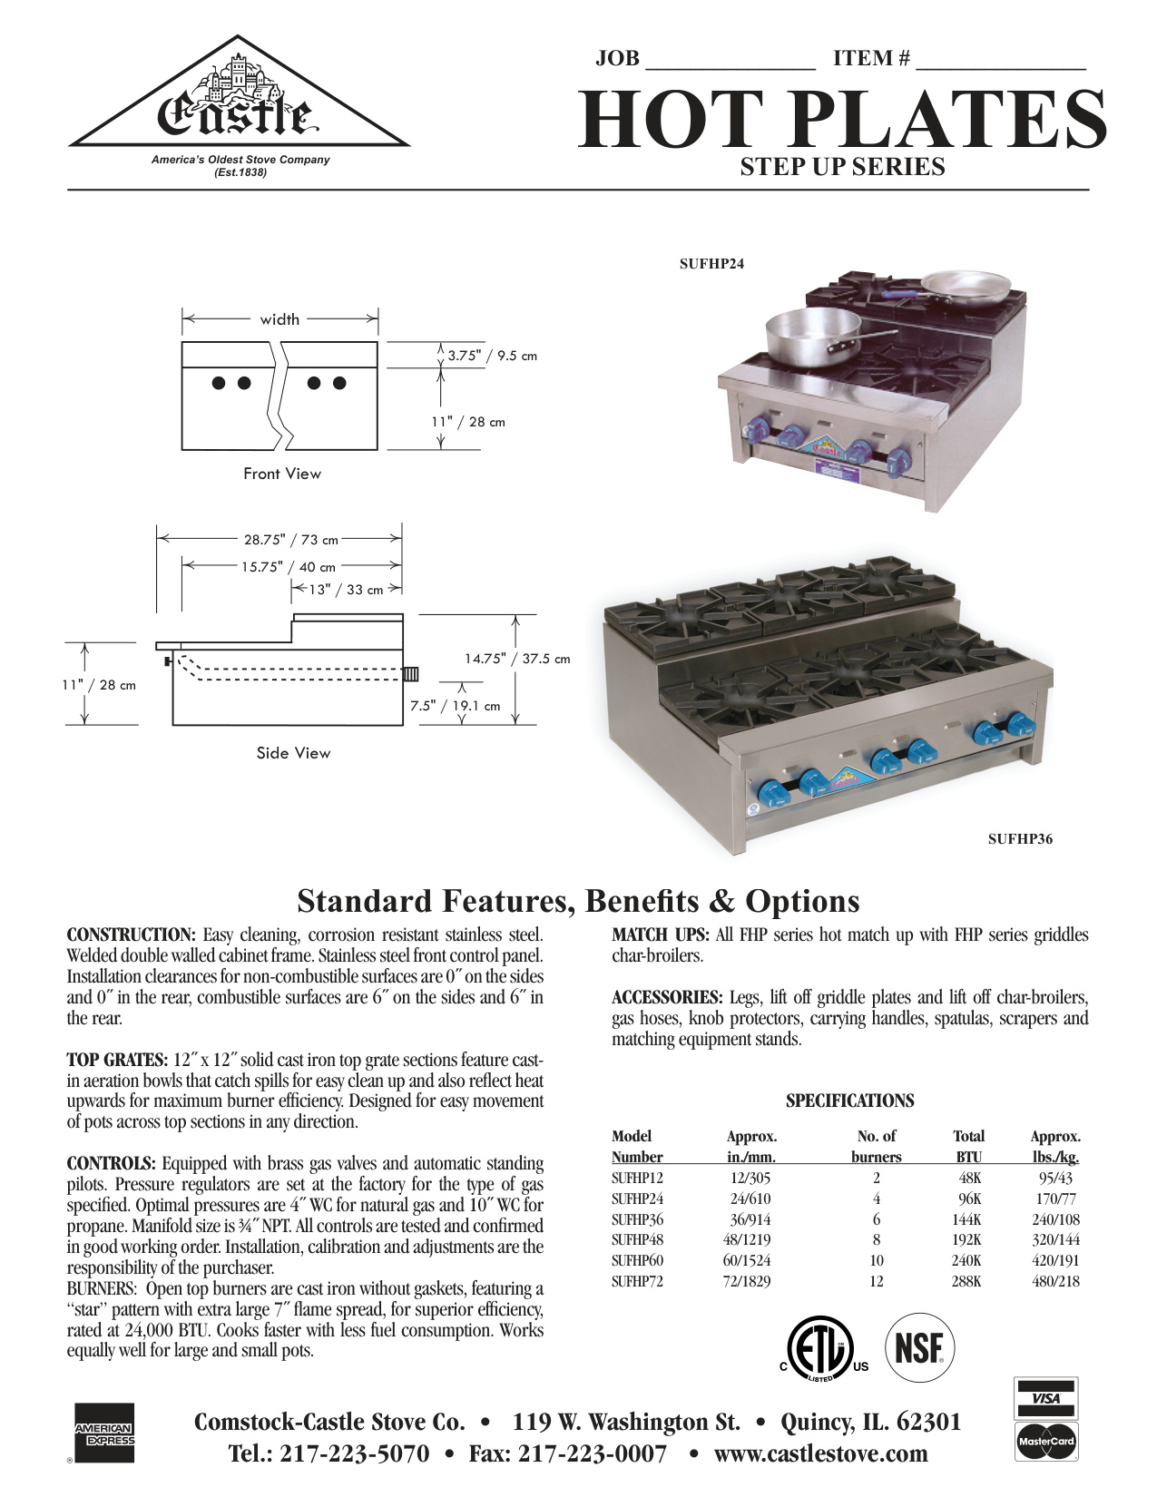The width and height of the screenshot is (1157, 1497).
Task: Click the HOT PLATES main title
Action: click(x=842, y=120)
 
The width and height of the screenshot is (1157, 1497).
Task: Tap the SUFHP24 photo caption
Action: click(x=711, y=264)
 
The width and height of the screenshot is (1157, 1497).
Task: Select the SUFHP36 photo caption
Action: click(x=1020, y=839)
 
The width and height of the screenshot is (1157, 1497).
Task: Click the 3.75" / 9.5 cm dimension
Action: click(x=492, y=356)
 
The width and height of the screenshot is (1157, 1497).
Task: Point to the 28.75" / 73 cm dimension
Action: click(x=290, y=540)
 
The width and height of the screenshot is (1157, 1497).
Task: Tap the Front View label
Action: click(x=281, y=474)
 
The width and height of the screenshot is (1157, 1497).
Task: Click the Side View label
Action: click(x=293, y=753)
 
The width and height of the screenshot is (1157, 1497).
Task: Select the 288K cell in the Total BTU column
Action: click(x=967, y=1282)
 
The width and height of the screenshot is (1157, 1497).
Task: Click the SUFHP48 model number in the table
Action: click(x=637, y=1240)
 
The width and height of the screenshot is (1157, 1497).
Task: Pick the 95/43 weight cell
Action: click(x=1055, y=1179)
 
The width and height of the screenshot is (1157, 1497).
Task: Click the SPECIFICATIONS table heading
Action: click(x=849, y=1101)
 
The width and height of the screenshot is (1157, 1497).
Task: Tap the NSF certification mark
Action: click(x=919, y=1348)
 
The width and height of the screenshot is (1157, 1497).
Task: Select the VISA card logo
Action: click(x=1045, y=1398)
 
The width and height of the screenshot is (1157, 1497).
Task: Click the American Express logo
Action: click(x=103, y=1433)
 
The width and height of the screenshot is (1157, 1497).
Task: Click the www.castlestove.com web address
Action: click(x=820, y=1454)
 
